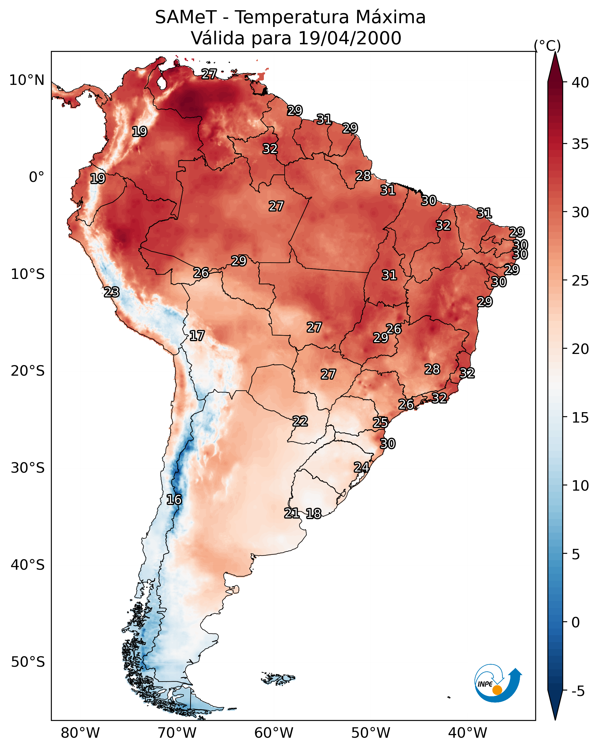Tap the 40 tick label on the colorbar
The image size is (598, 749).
coord(580,83)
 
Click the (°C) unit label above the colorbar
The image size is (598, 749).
coord(547,45)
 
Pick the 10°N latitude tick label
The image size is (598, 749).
coord(27,80)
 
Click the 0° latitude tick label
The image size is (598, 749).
coord(37,177)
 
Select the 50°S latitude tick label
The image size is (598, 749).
coord(28,662)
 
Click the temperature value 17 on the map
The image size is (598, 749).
coord(197,336)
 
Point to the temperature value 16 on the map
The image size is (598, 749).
coord(174,500)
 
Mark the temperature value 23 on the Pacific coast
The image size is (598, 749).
coord(112,292)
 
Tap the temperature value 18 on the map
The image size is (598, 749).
coord(314,514)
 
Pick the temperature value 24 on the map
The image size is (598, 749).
coord(362,467)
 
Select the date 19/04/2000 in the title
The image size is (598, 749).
coord(349,38)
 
